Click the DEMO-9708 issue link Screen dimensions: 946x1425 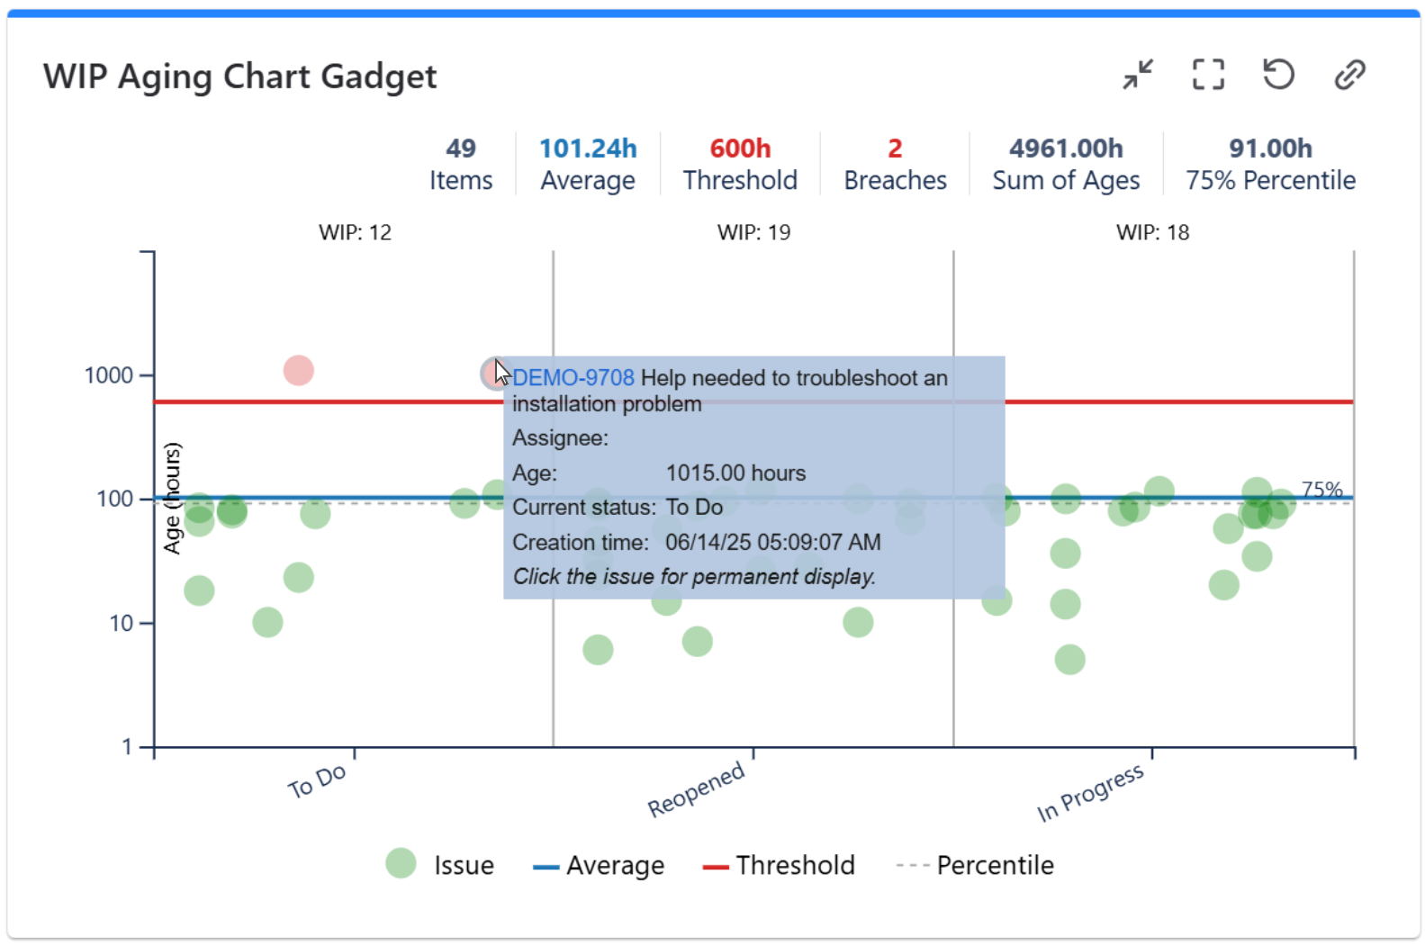tap(573, 378)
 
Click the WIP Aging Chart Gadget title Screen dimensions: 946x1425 tap(239, 77)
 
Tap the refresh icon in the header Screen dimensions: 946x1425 tap(1278, 74)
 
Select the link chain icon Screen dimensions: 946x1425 tap(1349, 75)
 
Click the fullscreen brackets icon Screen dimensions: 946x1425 tap(1208, 75)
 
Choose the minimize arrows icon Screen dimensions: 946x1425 tap(1138, 75)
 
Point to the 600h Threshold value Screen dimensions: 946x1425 tap(740, 149)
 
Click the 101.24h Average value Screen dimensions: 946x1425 tap(588, 149)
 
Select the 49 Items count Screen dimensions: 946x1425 tap(461, 149)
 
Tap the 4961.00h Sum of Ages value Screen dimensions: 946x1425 tap(1066, 149)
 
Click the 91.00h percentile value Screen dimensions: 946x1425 tap(1270, 149)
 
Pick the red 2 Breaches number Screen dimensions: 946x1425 tap(895, 149)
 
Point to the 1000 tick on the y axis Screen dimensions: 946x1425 tap(109, 375)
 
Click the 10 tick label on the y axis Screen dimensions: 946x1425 tap(122, 624)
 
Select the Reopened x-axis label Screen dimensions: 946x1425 tap(697, 788)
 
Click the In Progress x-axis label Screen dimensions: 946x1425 tap(1090, 792)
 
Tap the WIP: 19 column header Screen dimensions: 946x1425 tap(753, 232)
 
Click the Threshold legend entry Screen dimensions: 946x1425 tap(780, 866)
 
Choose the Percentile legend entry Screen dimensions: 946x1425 tap(976, 866)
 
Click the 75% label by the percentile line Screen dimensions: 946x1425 tap(1321, 490)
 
